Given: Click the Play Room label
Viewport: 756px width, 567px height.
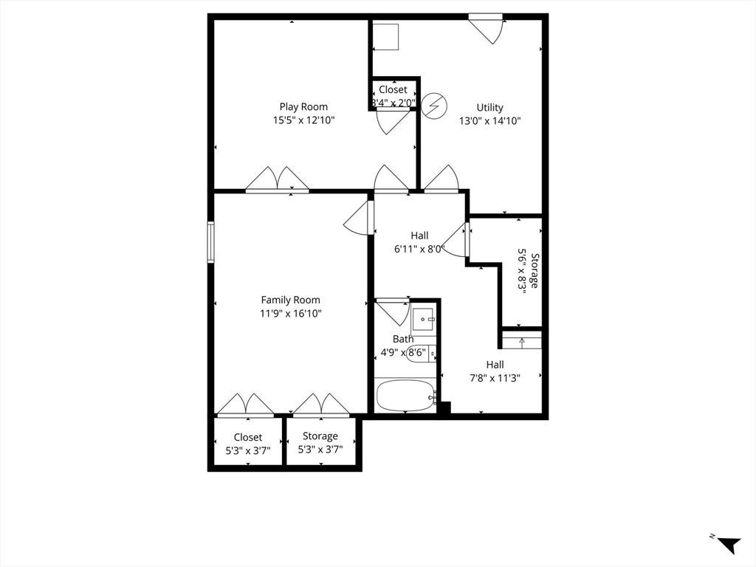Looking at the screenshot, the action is point(303,107).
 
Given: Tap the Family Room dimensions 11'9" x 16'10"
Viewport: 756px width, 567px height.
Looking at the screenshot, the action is point(291,313).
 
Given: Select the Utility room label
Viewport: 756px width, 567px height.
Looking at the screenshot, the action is point(490,108).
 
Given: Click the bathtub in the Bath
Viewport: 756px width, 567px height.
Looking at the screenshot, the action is point(405,396).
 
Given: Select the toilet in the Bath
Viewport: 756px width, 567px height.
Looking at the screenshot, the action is point(422,354).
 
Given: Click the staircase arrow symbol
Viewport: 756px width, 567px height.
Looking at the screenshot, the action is point(522,343).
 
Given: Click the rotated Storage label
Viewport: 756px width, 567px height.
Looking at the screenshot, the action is point(535,270).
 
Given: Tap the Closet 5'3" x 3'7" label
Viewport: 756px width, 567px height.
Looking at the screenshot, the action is point(248,444).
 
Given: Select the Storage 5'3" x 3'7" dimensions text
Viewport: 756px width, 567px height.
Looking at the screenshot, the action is point(320,450).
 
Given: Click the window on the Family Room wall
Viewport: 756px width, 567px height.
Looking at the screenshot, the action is point(210,242).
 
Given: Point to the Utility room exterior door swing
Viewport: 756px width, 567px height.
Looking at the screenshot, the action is point(486,29).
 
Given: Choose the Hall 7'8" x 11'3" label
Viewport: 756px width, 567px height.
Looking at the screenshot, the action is point(495,371).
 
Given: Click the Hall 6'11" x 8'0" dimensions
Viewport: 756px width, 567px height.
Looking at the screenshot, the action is point(419,250).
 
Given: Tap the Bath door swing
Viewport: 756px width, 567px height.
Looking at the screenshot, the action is point(393,312).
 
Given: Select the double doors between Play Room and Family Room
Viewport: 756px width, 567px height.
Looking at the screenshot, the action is point(278,179).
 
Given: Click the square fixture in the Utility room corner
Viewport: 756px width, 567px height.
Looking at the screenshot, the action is point(385,37).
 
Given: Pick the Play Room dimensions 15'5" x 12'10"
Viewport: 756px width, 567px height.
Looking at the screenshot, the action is point(303,120).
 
